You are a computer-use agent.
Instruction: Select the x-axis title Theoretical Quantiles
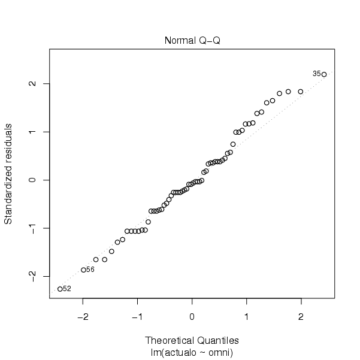click(192, 340)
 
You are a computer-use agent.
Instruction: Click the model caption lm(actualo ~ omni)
click(192, 351)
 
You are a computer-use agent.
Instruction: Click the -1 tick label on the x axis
click(137, 316)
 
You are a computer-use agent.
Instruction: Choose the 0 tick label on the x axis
click(192, 316)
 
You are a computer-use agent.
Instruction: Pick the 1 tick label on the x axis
click(246, 316)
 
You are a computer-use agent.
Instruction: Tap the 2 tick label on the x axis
click(301, 316)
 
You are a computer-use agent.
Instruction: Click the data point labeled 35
click(324, 74)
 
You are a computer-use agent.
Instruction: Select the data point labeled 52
click(60, 289)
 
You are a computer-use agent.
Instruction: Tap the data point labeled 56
click(84, 270)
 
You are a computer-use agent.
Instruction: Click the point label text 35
click(316, 74)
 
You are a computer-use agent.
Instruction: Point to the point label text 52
click(67, 289)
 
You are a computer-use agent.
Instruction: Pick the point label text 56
click(90, 270)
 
